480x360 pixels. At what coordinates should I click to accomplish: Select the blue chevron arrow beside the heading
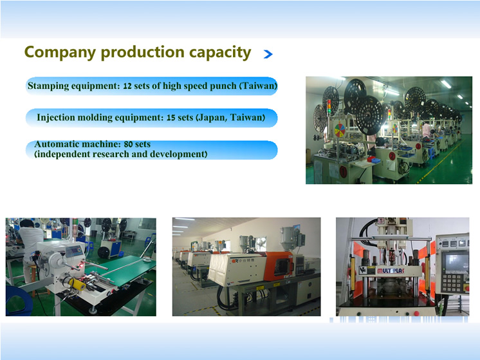coord(268,54)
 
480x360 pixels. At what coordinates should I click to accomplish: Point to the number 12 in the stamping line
coord(127,86)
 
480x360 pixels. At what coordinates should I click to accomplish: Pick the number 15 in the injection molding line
coord(171,118)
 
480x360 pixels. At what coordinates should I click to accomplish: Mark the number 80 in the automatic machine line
coord(128,144)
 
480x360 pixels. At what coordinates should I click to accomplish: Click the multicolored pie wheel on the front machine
coord(340,130)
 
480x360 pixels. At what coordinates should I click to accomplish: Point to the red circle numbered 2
coord(392,156)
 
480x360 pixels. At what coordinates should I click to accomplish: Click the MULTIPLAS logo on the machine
coord(391,270)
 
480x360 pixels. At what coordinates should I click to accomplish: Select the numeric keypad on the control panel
coord(451,283)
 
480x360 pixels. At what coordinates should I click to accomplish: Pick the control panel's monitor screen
coord(457,262)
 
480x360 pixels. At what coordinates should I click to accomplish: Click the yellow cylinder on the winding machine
coord(77,285)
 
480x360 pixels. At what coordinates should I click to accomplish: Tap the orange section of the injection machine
coord(278,265)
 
